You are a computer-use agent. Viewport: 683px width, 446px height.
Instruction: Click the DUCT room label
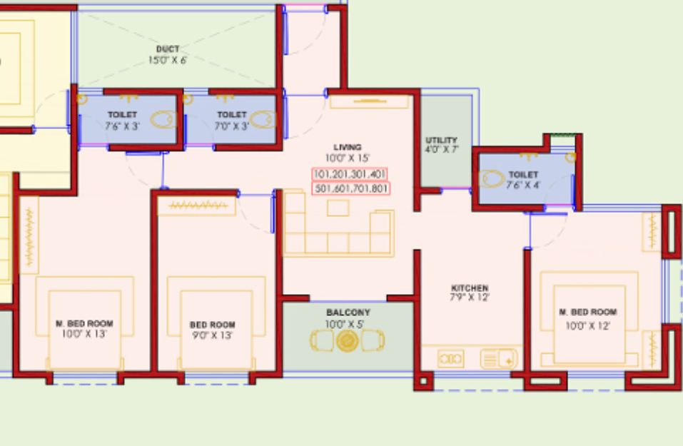pyautogui.click(x=168, y=49)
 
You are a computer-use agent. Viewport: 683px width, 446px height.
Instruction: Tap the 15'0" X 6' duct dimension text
pyautogui.click(x=168, y=60)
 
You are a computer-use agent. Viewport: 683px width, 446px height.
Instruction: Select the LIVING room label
pyautogui.click(x=347, y=147)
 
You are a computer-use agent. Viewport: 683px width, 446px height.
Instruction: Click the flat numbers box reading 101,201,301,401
pyautogui.click(x=349, y=174)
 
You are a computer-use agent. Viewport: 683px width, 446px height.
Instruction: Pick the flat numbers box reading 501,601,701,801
pyautogui.click(x=350, y=188)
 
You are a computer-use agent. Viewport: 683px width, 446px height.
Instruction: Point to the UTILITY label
pyautogui.click(x=441, y=141)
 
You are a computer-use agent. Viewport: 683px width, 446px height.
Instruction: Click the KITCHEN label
pyautogui.click(x=470, y=288)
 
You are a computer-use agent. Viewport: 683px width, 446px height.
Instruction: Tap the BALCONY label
pyautogui.click(x=348, y=313)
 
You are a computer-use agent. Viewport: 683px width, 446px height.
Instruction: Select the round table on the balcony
pyautogui.click(x=347, y=340)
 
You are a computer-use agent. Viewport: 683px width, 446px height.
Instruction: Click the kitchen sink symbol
pyautogui.click(x=499, y=360)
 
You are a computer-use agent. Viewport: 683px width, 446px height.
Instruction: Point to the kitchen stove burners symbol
pyautogui.click(x=450, y=360)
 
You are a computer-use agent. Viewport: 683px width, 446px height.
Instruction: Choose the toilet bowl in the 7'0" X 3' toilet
pyautogui.click(x=263, y=119)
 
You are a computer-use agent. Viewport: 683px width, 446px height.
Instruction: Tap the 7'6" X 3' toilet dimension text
pyautogui.click(x=123, y=126)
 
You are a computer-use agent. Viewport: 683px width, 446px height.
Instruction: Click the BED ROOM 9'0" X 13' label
pyautogui.click(x=213, y=330)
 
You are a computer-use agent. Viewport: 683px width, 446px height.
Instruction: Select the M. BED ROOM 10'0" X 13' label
pyautogui.click(x=84, y=329)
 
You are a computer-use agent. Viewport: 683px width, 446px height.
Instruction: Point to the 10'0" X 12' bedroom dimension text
pyautogui.click(x=587, y=326)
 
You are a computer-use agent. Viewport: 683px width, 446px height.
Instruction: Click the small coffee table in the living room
pyautogui.click(x=338, y=208)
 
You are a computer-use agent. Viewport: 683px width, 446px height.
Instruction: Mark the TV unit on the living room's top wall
pyautogui.click(x=369, y=102)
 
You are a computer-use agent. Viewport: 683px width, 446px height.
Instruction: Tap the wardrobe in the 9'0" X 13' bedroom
pyautogui.click(x=196, y=206)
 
